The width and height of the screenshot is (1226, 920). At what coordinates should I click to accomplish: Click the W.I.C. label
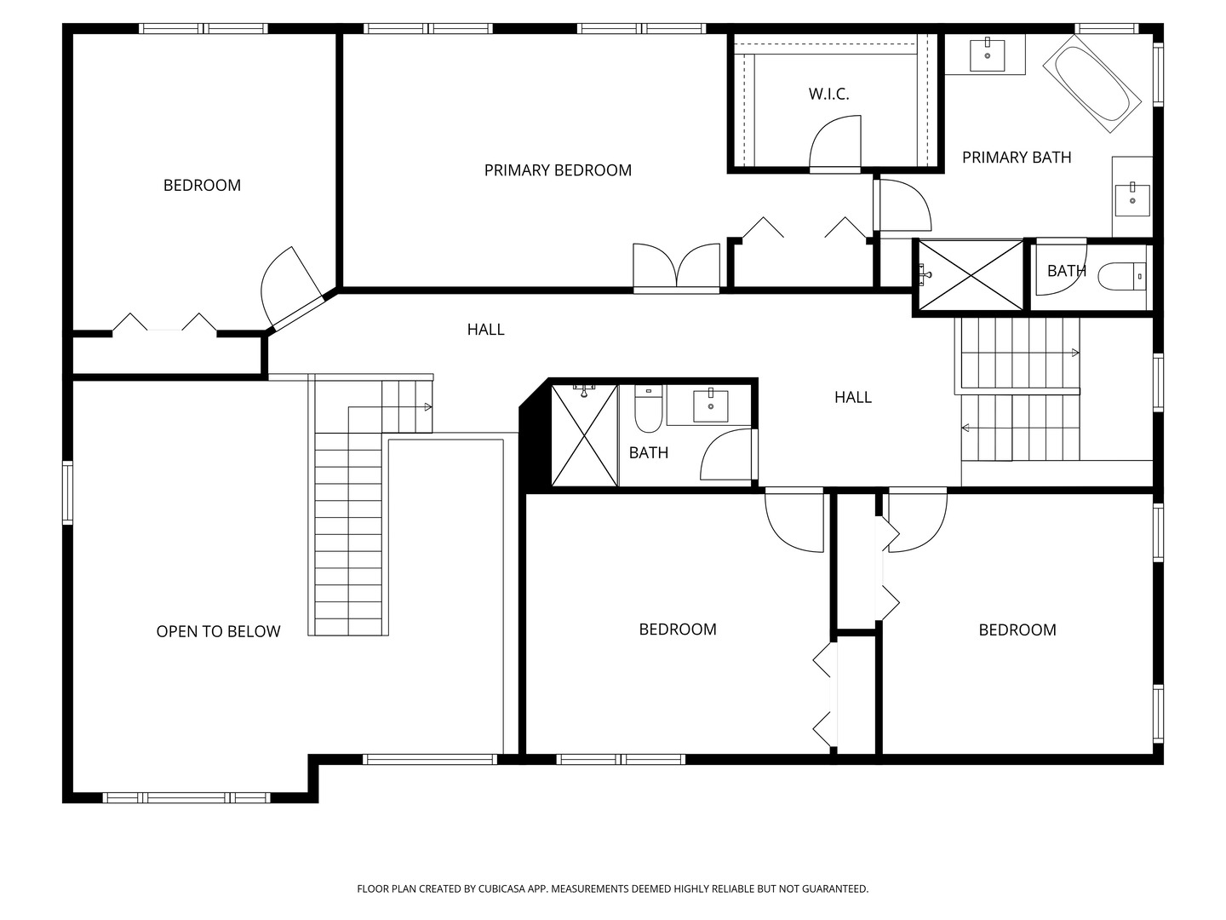(828, 94)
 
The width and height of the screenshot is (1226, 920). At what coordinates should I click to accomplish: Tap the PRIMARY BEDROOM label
(558, 170)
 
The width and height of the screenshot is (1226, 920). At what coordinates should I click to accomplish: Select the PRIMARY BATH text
(1017, 158)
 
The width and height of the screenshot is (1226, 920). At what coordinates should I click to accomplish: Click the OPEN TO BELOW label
(218, 631)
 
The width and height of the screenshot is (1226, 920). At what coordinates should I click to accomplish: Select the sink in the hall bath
(710, 406)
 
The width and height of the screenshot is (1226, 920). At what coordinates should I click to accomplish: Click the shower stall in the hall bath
(584, 435)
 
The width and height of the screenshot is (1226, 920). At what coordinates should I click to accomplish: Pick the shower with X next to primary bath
(971, 275)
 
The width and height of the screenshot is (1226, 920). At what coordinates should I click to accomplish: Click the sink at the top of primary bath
(987, 55)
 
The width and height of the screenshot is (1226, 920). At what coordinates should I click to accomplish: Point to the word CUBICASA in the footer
(502, 888)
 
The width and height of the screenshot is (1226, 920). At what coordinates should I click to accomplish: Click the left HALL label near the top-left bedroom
(485, 330)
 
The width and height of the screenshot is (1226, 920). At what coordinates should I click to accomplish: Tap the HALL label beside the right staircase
(853, 397)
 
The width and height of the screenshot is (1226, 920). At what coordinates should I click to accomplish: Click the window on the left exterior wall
(67, 492)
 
